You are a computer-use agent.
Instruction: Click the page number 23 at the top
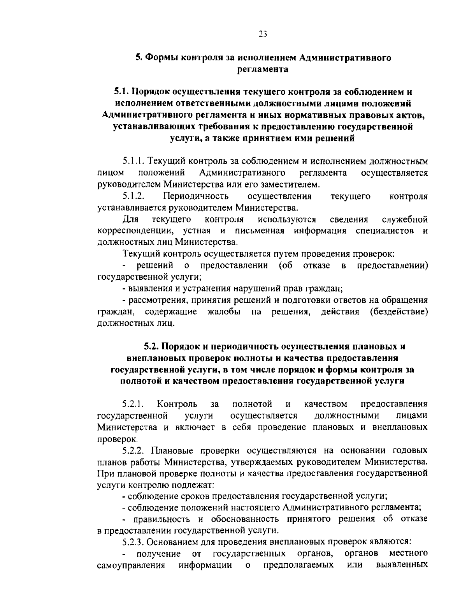(262, 34)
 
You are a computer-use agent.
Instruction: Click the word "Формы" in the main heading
(159, 58)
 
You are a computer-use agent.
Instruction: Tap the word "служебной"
(405, 219)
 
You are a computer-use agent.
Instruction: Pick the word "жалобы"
(223, 312)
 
